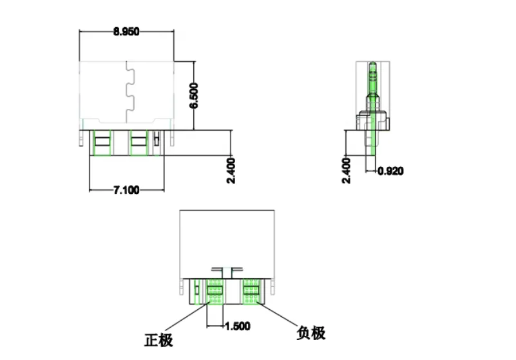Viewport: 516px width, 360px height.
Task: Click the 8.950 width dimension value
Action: tap(126, 31)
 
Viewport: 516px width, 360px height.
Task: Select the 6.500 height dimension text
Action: tap(195, 96)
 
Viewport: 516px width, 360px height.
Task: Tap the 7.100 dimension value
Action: tap(126, 190)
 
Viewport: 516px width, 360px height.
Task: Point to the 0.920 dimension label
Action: tap(390, 171)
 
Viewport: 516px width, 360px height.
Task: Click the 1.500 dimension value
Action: tap(237, 327)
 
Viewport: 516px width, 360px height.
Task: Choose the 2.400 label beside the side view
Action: tap(347, 171)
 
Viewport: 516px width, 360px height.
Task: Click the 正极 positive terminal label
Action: tap(158, 339)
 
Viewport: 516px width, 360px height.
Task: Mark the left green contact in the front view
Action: tap(101, 142)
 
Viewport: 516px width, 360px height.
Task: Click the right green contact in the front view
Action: tap(139, 142)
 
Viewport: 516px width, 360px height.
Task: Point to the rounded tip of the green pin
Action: tap(372, 64)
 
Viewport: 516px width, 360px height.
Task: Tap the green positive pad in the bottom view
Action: tap(215, 291)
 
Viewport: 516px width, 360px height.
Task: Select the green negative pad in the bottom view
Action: tap(251, 291)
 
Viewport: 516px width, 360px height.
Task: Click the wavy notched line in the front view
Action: tap(129, 90)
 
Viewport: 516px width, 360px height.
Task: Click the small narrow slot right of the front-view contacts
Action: tap(156, 138)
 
